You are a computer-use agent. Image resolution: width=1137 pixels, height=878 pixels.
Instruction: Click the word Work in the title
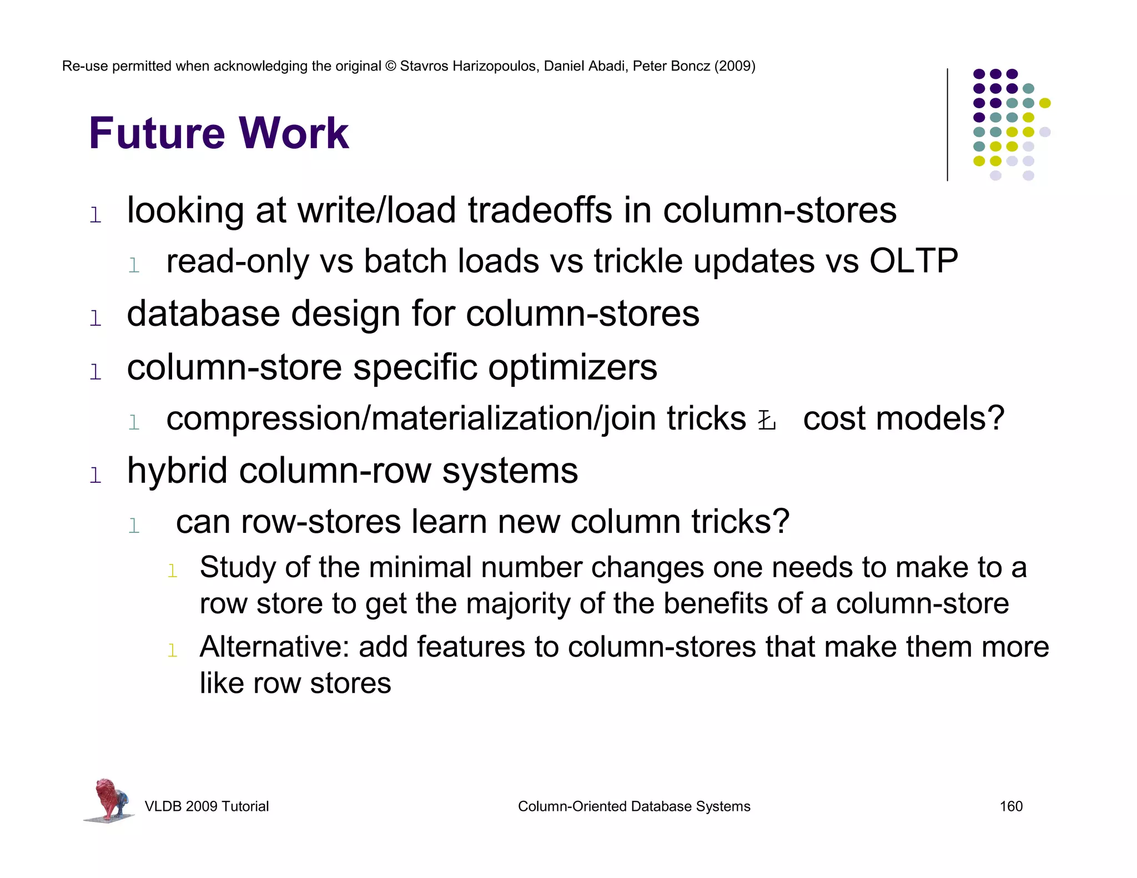294,134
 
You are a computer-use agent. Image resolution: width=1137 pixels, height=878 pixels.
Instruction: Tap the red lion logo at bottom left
110,800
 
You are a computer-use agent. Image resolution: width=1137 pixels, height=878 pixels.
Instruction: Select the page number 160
1011,806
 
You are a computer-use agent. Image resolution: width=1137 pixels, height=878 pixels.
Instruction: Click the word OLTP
913,261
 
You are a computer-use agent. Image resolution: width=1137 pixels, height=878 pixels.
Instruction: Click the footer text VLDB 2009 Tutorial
207,806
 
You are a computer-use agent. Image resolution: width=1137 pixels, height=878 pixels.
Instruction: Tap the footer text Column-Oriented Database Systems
634,806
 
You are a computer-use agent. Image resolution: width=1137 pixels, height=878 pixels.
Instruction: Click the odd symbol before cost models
767,421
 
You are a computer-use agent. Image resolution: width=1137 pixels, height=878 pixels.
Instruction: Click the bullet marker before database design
95,319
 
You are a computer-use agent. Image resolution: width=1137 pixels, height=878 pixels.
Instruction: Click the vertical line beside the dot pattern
947,125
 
